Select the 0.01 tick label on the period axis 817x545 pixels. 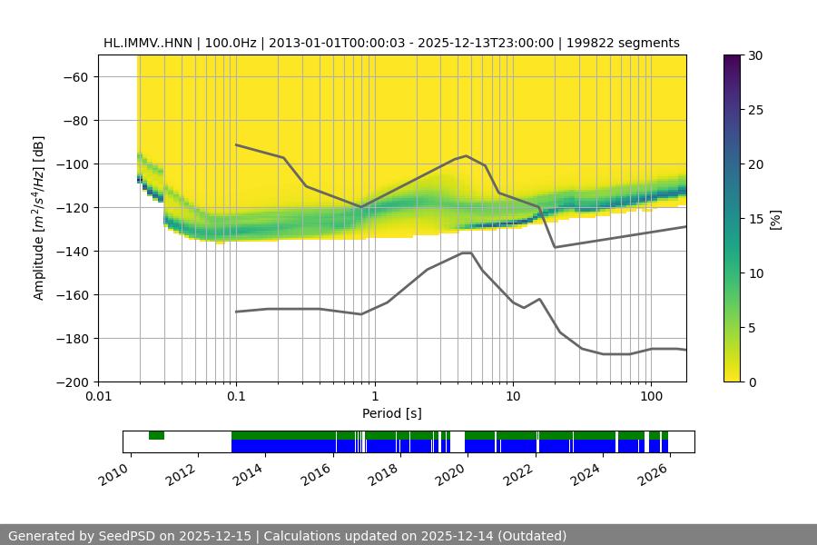(x=98, y=397)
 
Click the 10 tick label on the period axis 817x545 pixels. (x=512, y=397)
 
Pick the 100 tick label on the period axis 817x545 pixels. (x=650, y=397)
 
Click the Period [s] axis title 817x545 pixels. (x=392, y=413)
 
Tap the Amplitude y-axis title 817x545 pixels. (x=39, y=218)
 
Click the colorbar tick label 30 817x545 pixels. (x=754, y=55)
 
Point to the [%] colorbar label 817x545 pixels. (x=774, y=219)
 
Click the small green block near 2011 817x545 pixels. (x=156, y=436)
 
